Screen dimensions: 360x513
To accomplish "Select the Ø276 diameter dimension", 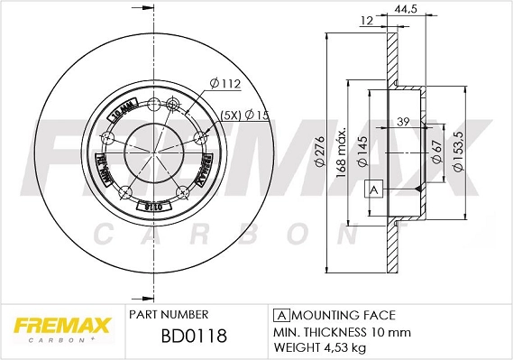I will [320, 160].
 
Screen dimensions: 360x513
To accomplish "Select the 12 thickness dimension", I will [365, 22].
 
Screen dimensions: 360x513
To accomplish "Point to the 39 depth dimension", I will [404, 122].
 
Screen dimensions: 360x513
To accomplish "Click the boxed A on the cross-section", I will [371, 189].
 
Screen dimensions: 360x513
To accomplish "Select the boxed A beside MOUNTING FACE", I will [280, 315].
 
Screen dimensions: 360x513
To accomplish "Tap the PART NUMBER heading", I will [169, 315].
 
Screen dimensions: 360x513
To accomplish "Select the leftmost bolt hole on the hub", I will [108, 138].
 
